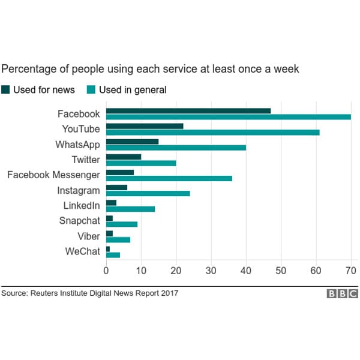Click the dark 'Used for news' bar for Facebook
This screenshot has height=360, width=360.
tap(188, 110)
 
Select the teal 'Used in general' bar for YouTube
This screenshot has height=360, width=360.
tap(213, 132)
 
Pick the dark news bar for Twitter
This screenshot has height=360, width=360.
tap(124, 157)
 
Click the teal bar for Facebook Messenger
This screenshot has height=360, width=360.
tap(169, 178)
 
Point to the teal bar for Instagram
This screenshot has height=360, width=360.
tap(148, 193)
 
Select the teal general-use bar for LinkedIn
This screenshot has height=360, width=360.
tap(131, 209)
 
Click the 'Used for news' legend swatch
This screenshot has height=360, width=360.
tap(5, 90)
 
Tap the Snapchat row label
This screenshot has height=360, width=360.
tap(79, 221)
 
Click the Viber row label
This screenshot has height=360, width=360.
tap(89, 236)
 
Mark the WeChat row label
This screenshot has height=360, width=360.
tap(82, 251)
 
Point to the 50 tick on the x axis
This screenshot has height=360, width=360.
tap(281, 271)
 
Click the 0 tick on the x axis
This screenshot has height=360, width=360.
tap(106, 271)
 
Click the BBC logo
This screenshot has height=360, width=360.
tap(342, 293)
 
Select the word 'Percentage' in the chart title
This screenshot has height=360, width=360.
tap(27, 70)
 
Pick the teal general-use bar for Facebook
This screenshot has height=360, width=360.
tap(229, 117)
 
